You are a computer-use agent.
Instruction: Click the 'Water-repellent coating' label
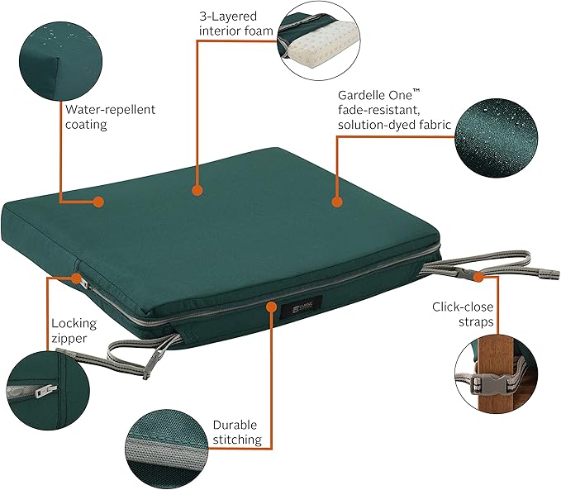(110, 117)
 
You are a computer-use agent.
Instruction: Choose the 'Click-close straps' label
(464, 314)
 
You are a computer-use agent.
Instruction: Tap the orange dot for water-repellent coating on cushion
(98, 201)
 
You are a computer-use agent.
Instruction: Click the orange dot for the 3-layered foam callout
(197, 191)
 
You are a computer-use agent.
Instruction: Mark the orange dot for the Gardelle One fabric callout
(336, 201)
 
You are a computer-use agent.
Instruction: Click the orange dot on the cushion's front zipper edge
(270, 306)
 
